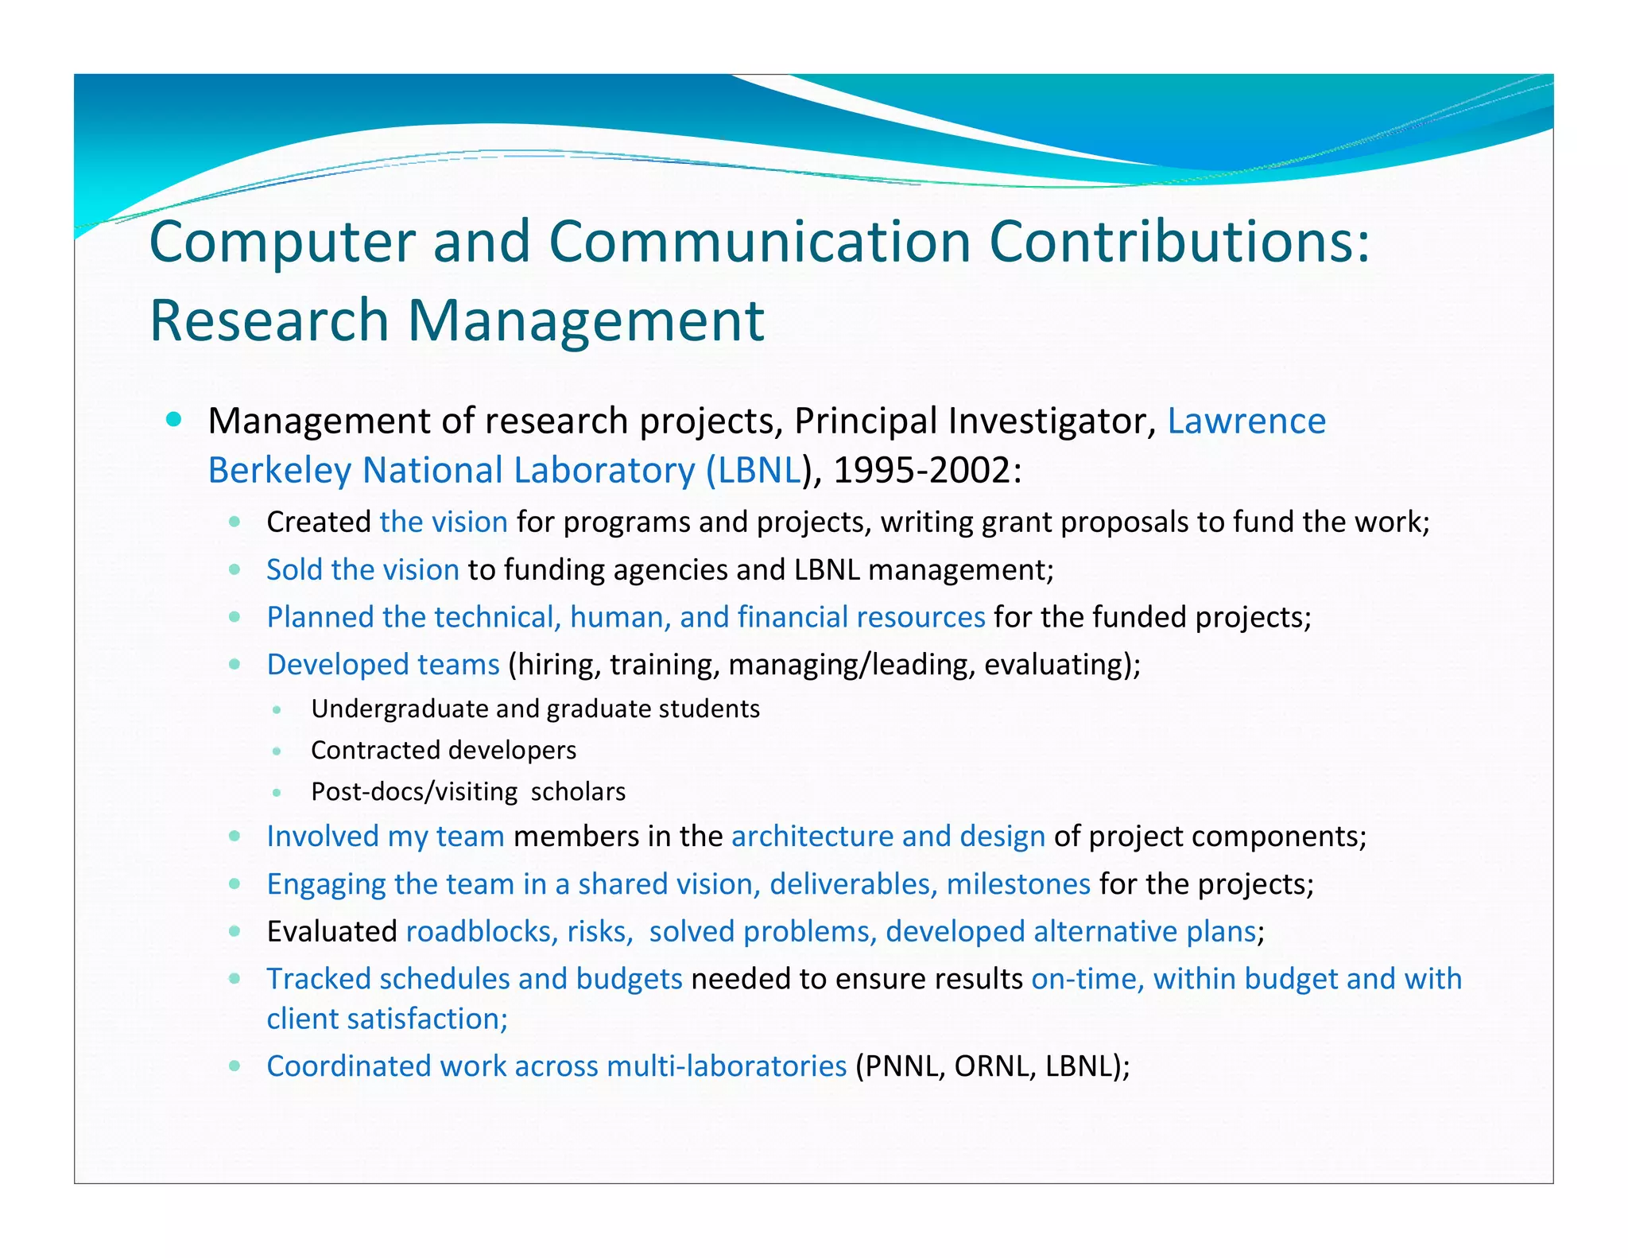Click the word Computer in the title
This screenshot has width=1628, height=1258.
[x=282, y=243]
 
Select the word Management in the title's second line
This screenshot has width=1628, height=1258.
[x=586, y=320]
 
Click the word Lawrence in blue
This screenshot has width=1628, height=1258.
[x=1246, y=421]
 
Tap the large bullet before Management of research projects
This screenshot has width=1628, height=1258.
[x=174, y=420]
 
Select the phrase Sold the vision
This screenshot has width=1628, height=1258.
[x=362, y=569]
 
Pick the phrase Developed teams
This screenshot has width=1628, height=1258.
[x=382, y=664]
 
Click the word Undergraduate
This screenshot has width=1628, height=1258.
[x=400, y=709]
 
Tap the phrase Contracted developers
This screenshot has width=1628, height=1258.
[x=443, y=750]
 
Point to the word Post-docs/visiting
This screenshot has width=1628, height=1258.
[x=414, y=792]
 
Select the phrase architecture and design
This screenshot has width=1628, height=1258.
[x=888, y=836]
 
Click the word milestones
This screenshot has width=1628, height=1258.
[x=1018, y=883]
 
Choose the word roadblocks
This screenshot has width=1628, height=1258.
[x=481, y=931]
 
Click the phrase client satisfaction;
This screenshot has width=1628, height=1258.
[x=387, y=1019]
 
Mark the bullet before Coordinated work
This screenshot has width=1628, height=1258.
[x=235, y=1066]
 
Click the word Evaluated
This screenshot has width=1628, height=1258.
[x=331, y=931]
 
